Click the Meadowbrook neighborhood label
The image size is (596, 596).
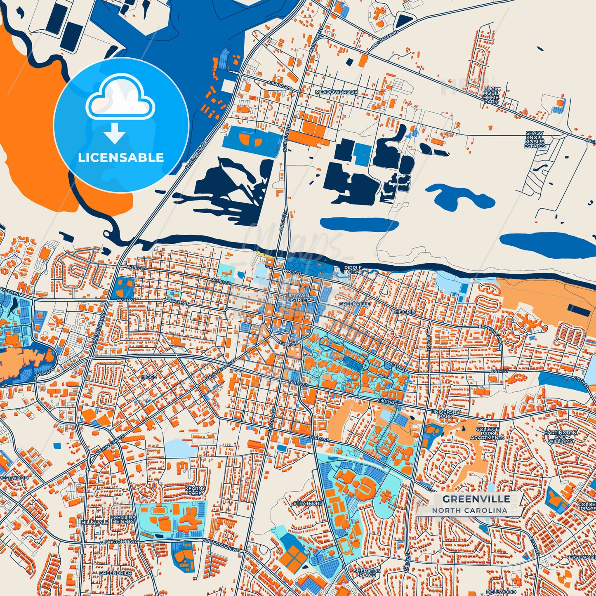pyautogui.click(x=337, y=92)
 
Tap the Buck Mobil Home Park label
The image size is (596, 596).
pyautogui.click(x=491, y=95)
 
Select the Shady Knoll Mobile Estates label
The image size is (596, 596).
pyautogui.click(x=535, y=140)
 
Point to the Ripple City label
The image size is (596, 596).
pyautogui.click(x=353, y=270)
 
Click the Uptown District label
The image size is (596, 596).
pyautogui.click(x=298, y=298)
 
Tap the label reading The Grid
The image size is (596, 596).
pyautogui.click(x=403, y=312)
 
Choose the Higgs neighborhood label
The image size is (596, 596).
pyautogui.click(x=148, y=377)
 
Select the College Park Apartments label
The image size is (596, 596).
pyautogui.click(x=487, y=433)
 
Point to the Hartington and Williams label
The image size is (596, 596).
pyautogui.click(x=561, y=436)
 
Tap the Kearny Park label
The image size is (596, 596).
pyautogui.click(x=195, y=490)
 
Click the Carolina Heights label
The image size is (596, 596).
pyautogui.click(x=123, y=519)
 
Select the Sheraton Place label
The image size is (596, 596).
pyautogui.click(x=367, y=572)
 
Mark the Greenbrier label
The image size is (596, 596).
pyautogui.click(x=115, y=573)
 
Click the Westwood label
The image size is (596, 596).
pyautogui.click(x=14, y=478)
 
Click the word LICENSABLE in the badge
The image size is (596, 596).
pyautogui.click(x=121, y=157)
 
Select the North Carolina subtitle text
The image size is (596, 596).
pyautogui.click(x=469, y=510)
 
